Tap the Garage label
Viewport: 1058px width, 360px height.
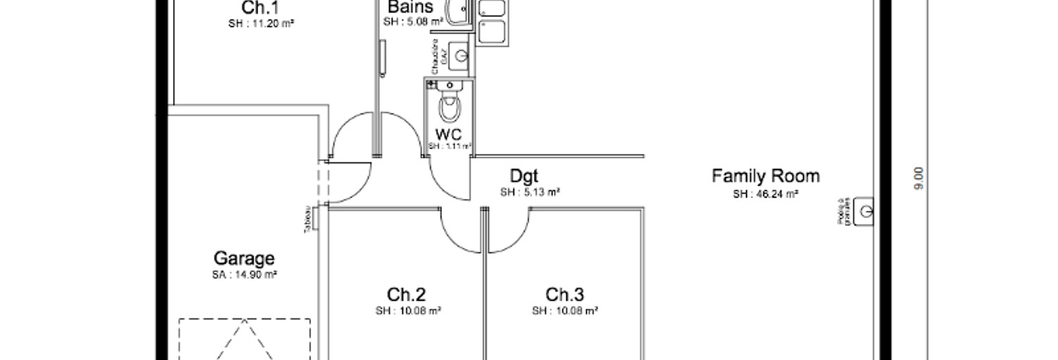243,259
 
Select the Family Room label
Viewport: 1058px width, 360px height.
765,175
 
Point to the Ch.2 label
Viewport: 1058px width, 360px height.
406,295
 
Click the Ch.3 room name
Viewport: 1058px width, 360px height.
565,295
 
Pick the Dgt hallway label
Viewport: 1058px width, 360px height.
524,176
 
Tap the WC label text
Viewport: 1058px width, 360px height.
448,134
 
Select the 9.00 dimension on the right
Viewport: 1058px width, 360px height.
919,178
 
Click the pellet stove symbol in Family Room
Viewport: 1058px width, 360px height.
866,210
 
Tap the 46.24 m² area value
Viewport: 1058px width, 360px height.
765,193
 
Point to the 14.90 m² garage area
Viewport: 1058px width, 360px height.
244,275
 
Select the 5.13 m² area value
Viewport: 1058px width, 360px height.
530,192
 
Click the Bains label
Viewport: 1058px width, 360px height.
410,8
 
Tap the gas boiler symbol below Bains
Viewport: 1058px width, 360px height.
459,56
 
